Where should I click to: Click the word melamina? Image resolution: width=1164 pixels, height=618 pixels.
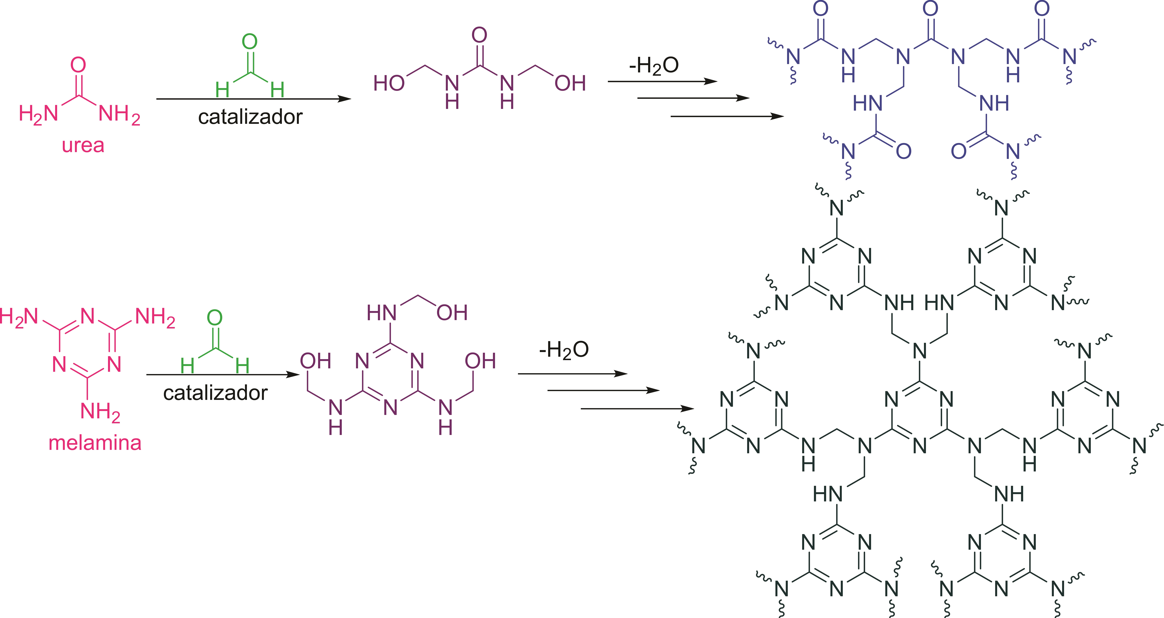[x=95, y=443]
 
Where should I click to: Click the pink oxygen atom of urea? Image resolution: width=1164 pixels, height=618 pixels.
[x=78, y=65]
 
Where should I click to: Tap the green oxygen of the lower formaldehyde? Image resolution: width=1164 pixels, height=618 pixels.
[x=215, y=318]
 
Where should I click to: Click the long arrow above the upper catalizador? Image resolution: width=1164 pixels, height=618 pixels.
[x=253, y=99]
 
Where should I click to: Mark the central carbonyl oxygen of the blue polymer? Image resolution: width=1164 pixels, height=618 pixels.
[x=930, y=9]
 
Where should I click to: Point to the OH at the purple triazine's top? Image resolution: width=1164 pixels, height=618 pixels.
[x=452, y=312]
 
